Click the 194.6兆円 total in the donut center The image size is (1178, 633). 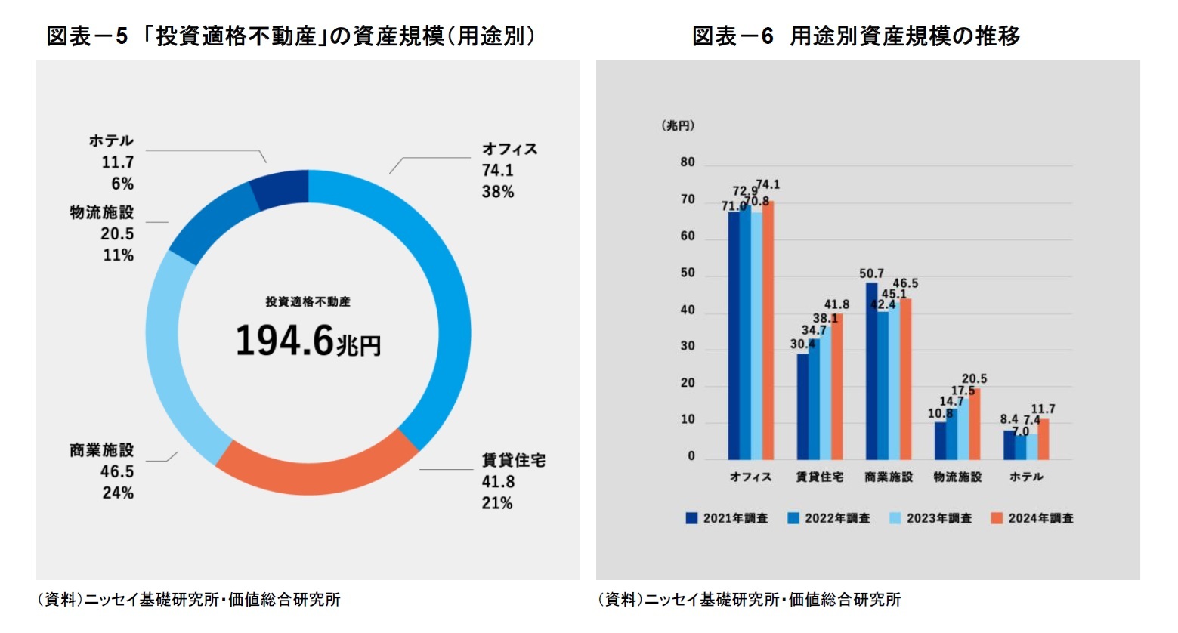click(x=308, y=341)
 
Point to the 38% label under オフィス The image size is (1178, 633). click(x=497, y=192)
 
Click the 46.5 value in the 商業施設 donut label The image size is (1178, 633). click(x=117, y=471)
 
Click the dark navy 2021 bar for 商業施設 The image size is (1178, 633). click(x=871, y=371)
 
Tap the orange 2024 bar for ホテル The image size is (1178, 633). click(x=1043, y=439)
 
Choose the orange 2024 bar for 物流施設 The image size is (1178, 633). click(x=974, y=424)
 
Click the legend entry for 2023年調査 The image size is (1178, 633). click(x=931, y=518)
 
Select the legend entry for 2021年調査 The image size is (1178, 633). click(x=727, y=518)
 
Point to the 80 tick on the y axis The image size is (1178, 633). click(x=687, y=162)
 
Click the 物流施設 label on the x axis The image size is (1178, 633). click(x=957, y=477)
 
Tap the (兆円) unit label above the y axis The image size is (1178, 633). click(x=678, y=125)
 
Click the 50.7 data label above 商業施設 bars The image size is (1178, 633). click(x=871, y=273)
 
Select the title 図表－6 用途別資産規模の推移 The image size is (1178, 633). click(x=855, y=36)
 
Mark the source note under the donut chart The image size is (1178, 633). click(x=189, y=600)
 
